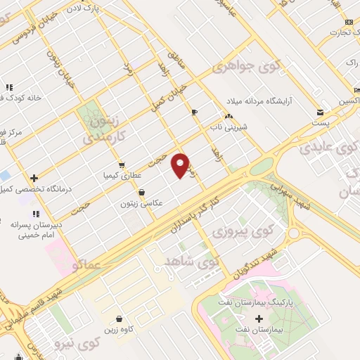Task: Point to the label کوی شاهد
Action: (192, 262)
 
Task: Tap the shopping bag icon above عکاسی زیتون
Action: (143, 191)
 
